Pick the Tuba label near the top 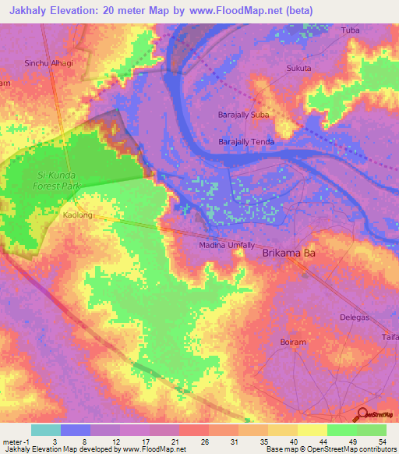point(351,30)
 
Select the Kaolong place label point(77,215)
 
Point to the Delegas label point(355,317)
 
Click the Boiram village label point(292,342)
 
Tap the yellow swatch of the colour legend point(312,430)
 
